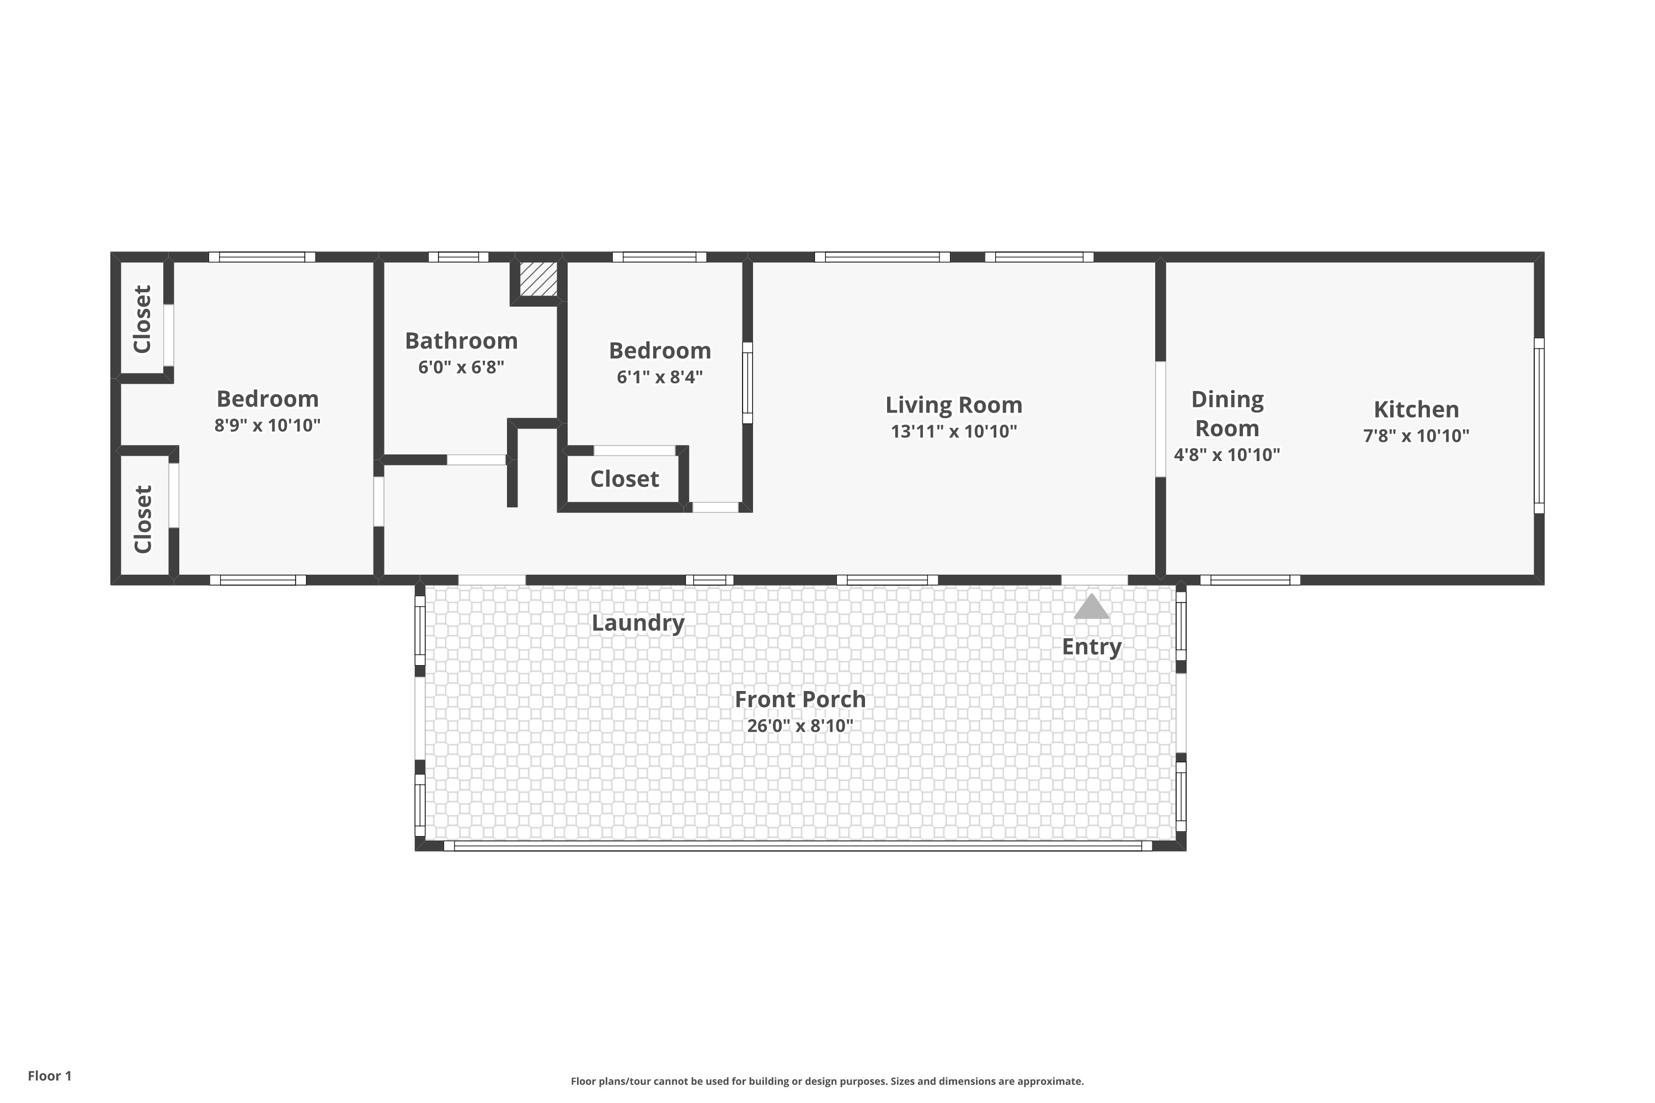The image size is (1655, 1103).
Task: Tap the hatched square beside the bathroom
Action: point(538,279)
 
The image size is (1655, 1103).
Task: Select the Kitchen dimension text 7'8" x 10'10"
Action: point(1417,436)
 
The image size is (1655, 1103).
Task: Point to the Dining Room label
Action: point(1227,414)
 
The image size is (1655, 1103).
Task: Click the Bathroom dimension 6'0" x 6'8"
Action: point(462,367)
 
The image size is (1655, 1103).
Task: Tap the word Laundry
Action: point(638,623)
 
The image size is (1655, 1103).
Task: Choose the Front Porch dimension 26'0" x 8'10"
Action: point(800,725)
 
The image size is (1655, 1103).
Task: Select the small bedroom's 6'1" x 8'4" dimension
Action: point(660,377)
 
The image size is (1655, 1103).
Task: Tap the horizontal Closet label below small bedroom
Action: point(625,479)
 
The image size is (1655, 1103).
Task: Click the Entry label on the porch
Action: point(1091,647)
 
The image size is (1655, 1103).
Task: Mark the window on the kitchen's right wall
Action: point(1539,426)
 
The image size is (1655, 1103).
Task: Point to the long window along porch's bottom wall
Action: point(798,845)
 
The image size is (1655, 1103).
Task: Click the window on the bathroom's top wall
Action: point(459,257)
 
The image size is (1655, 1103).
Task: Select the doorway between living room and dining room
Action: point(1160,419)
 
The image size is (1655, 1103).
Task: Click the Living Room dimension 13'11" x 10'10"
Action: point(954,431)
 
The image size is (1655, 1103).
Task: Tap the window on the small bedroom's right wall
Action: point(748,383)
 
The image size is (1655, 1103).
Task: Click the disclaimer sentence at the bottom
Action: point(827,1081)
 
